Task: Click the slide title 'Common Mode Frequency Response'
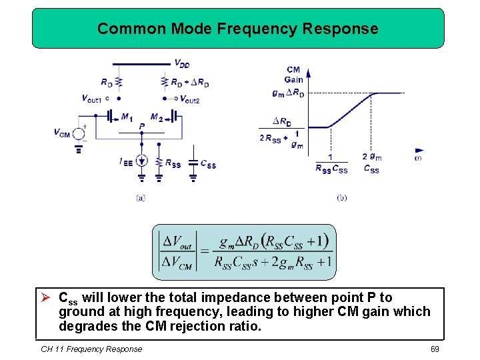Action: tap(237, 29)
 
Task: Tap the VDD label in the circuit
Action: tap(181, 63)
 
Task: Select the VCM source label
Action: tap(62, 133)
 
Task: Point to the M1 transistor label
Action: tap(127, 117)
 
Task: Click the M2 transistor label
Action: tap(157, 117)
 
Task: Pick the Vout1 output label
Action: tap(91, 99)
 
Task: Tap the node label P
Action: tap(141, 126)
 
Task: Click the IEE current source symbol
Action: tap(141, 161)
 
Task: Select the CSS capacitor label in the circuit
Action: tap(208, 164)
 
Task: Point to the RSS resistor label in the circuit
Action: tap(172, 164)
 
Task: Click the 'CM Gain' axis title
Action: tap(293, 75)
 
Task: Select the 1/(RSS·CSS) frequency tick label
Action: tap(331, 164)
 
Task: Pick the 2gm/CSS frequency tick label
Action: tap(372, 163)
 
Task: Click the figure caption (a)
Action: tap(140, 197)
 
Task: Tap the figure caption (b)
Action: tap(342, 197)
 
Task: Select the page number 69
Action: tap(435, 349)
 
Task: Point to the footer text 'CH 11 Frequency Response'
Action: tap(91, 349)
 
